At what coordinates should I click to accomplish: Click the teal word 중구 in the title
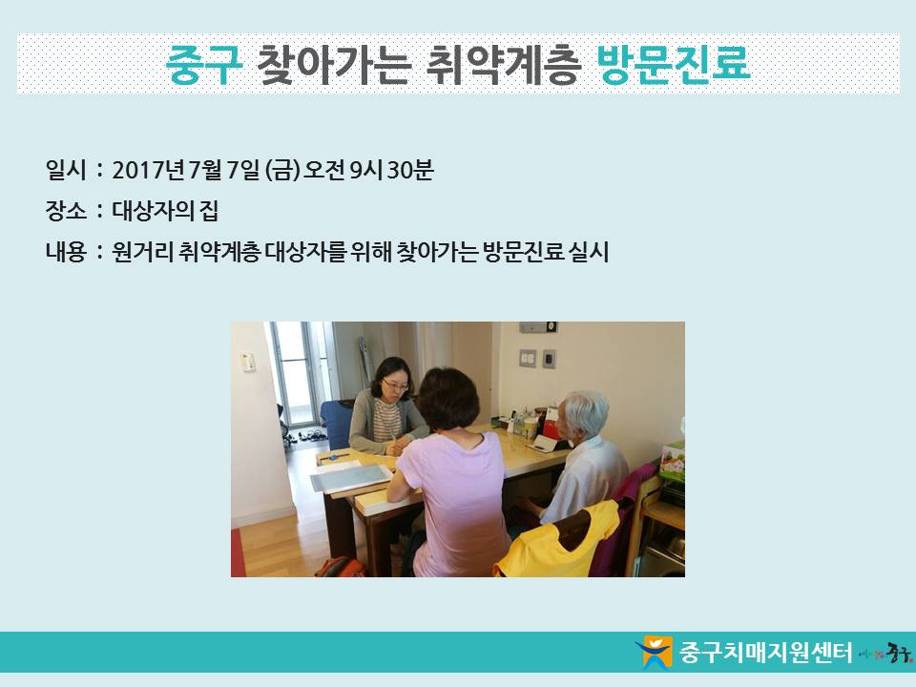(x=204, y=64)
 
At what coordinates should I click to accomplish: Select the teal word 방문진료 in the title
(x=674, y=64)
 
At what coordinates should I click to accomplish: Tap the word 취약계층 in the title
(x=504, y=64)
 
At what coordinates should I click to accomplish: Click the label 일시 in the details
(x=66, y=170)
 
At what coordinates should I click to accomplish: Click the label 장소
(x=66, y=211)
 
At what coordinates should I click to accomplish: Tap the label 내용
(x=66, y=252)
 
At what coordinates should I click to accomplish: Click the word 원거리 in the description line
(x=141, y=252)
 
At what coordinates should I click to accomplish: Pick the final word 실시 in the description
(x=590, y=252)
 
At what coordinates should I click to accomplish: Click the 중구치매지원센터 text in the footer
(x=765, y=652)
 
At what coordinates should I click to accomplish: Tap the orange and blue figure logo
(x=655, y=652)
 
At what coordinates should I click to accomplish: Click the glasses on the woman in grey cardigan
(x=395, y=385)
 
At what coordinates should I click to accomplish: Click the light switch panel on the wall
(x=528, y=358)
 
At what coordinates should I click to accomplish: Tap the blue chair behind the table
(x=336, y=423)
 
